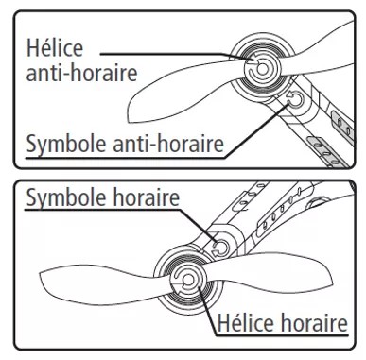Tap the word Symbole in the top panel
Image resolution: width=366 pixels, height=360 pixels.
coord(61,146)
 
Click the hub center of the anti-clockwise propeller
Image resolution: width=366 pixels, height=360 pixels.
coord(256,63)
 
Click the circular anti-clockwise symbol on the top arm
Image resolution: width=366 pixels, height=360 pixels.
coord(296,100)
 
